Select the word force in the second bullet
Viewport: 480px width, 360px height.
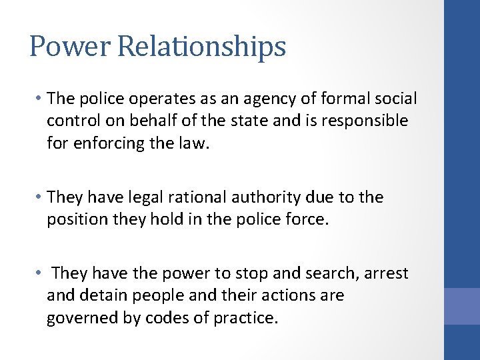(x=310, y=219)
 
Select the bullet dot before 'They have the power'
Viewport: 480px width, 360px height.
(x=41, y=273)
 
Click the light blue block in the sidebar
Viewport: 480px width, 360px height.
(x=462, y=306)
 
